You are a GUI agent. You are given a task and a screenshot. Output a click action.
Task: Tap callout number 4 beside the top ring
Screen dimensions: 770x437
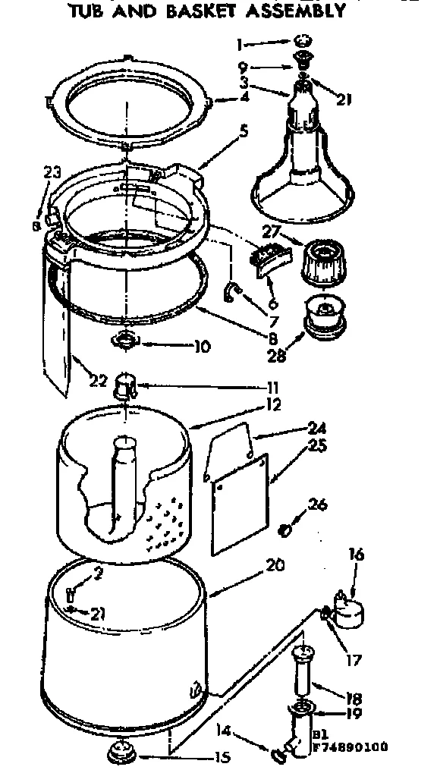click(x=223, y=98)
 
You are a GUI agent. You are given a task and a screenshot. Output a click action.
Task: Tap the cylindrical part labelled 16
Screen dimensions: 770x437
click(x=351, y=609)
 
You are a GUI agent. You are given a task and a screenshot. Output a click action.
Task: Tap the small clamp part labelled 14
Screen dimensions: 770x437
click(x=278, y=754)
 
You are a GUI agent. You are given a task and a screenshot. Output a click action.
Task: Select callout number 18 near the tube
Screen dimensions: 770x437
click(x=354, y=698)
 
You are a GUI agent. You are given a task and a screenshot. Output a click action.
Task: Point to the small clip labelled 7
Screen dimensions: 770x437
click(x=232, y=291)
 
